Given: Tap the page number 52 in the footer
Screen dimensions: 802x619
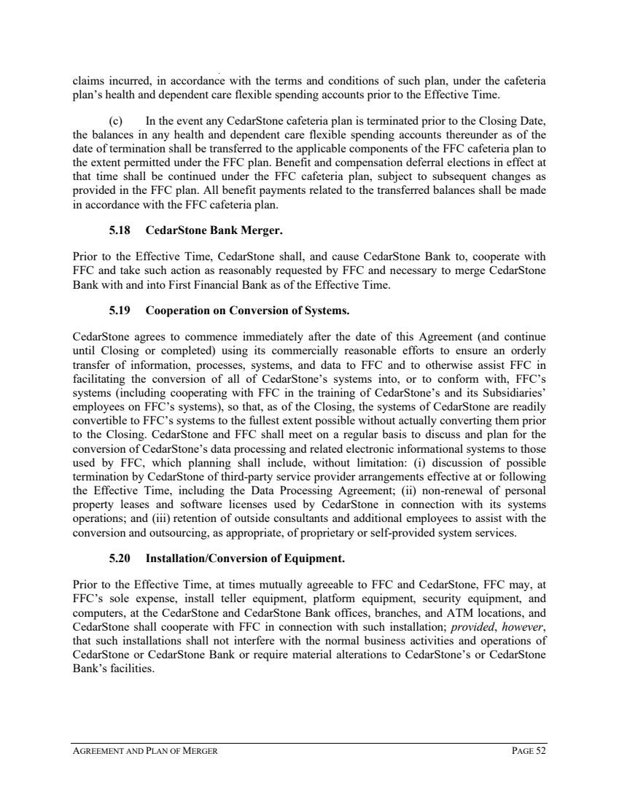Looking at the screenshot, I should (x=539, y=752).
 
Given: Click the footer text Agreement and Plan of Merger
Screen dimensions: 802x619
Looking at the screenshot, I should (x=145, y=752).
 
